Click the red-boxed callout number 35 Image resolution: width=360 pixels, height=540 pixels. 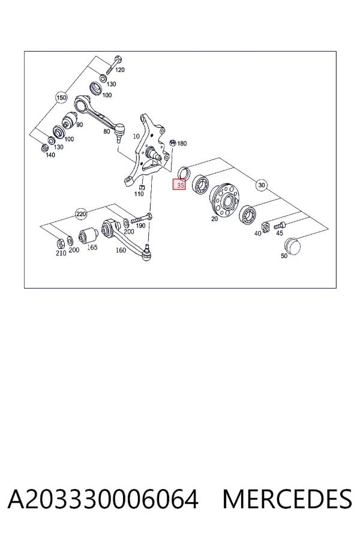click(x=179, y=185)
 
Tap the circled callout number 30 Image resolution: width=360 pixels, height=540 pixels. click(x=262, y=185)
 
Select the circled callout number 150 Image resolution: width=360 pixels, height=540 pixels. click(x=61, y=98)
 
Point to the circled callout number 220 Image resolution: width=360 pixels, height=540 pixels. click(x=81, y=214)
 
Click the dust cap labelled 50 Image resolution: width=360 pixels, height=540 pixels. click(x=292, y=245)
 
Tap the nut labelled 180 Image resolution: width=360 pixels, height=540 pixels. click(x=173, y=143)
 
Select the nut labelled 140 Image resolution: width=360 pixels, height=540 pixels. click(x=44, y=148)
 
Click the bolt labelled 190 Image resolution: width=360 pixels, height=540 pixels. click(x=142, y=218)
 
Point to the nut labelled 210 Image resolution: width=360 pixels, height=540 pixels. click(x=59, y=244)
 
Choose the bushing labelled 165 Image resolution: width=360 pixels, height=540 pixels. click(x=88, y=236)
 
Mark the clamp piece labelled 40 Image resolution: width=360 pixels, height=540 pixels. click(x=265, y=227)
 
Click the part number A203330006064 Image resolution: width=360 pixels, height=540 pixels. click(x=103, y=499)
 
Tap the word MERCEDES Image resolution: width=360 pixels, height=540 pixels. click(x=287, y=499)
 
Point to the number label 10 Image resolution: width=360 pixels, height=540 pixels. click(x=136, y=136)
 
